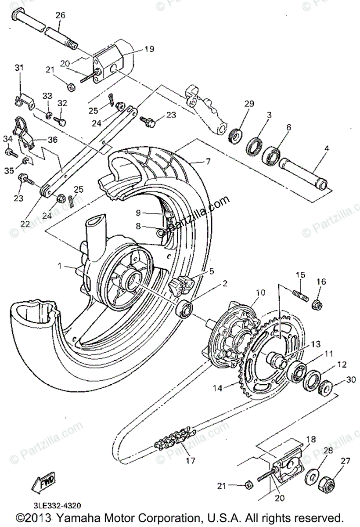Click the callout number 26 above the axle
60,15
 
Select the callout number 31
18,68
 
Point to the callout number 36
52,140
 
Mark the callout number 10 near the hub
260,292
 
